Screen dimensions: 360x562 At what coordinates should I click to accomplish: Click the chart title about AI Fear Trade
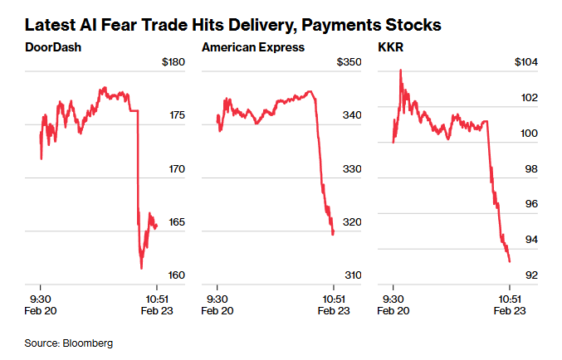[233, 25]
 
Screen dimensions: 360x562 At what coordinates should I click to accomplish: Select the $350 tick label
[349, 62]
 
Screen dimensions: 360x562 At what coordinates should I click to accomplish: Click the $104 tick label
[526, 62]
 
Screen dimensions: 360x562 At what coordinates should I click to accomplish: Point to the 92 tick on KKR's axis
[530, 275]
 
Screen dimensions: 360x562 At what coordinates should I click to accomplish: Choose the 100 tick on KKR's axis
[528, 134]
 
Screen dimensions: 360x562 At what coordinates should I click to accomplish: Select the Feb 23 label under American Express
[333, 311]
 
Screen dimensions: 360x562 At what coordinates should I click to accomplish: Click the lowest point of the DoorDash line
[142, 268]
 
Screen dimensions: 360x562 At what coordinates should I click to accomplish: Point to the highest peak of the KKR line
[401, 71]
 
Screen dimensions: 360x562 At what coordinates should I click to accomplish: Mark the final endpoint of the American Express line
[333, 235]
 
